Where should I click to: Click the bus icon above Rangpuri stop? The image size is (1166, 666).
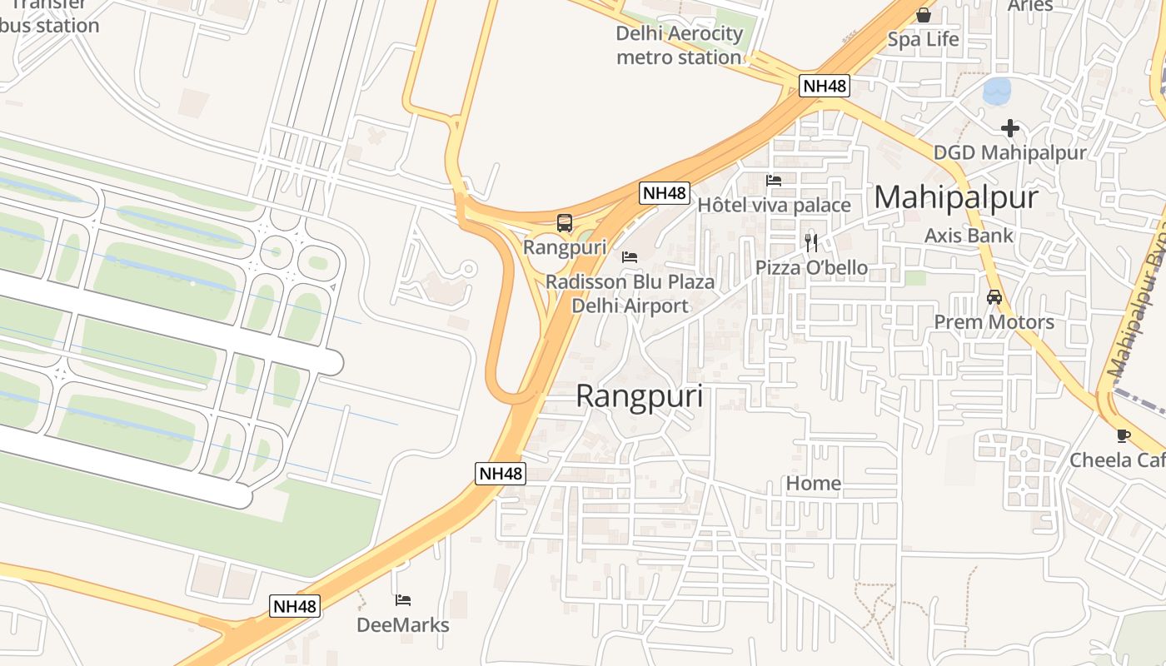[x=565, y=223]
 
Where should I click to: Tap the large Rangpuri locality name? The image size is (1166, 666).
[x=639, y=396]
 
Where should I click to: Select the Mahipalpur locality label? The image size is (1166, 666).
[x=956, y=197]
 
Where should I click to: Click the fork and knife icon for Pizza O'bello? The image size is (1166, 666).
[x=811, y=243]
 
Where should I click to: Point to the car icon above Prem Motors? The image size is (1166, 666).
[x=994, y=297]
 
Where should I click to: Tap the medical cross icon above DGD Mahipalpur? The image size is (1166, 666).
[x=1010, y=128]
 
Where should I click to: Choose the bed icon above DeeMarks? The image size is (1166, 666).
[x=403, y=600]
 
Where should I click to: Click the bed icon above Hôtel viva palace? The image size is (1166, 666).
[x=774, y=180]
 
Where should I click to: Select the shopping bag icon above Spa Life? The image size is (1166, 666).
[x=923, y=15]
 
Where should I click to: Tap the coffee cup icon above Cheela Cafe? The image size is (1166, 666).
[x=1123, y=435]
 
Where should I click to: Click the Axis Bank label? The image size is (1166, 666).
[x=969, y=236]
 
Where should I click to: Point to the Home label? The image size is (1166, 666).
[x=814, y=484]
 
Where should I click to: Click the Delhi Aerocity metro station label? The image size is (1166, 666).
[x=679, y=46]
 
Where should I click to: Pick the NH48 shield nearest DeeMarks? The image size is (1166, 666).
[x=296, y=606]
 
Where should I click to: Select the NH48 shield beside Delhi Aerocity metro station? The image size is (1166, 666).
[x=824, y=86]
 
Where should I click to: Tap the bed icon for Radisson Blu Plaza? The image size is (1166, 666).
[x=630, y=257]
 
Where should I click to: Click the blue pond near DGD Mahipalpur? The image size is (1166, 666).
[x=996, y=91]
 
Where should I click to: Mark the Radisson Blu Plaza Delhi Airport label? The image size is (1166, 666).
[x=630, y=294]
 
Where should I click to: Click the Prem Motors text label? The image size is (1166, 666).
[x=994, y=322]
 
